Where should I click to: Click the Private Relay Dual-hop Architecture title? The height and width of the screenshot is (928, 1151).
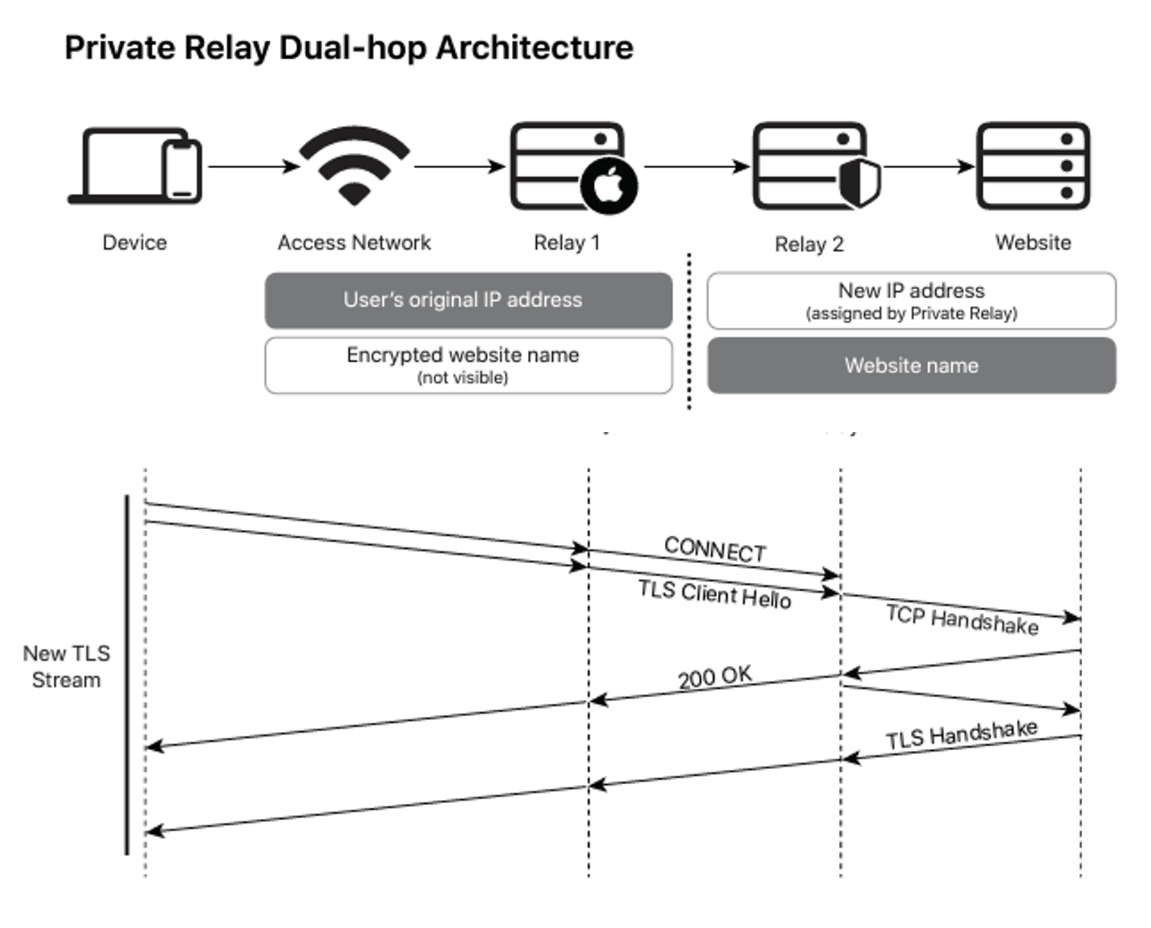tap(348, 48)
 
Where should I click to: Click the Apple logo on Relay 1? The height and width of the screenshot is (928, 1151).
tap(610, 185)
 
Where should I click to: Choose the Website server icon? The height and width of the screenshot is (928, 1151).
tap(1033, 166)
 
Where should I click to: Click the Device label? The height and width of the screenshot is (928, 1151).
tap(135, 243)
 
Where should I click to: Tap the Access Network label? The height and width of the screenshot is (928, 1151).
tap(354, 243)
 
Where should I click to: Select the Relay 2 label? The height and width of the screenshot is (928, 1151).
tap(809, 244)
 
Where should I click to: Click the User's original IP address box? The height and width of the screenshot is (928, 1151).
tap(468, 301)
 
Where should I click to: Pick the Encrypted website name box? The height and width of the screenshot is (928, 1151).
tap(468, 365)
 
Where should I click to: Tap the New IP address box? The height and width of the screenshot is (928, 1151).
tap(911, 301)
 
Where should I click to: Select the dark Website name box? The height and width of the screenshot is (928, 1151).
tap(911, 366)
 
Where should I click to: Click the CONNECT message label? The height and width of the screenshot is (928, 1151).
tap(715, 550)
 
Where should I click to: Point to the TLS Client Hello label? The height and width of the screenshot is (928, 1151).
tap(714, 594)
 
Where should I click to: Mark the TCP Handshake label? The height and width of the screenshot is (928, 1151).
tap(962, 620)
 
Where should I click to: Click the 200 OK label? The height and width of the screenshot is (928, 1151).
tap(715, 677)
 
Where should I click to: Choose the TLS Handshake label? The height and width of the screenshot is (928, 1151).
tap(962, 734)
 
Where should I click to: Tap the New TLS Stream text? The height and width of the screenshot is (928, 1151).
tap(67, 666)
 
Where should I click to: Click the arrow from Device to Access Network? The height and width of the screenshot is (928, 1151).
tap(254, 167)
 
